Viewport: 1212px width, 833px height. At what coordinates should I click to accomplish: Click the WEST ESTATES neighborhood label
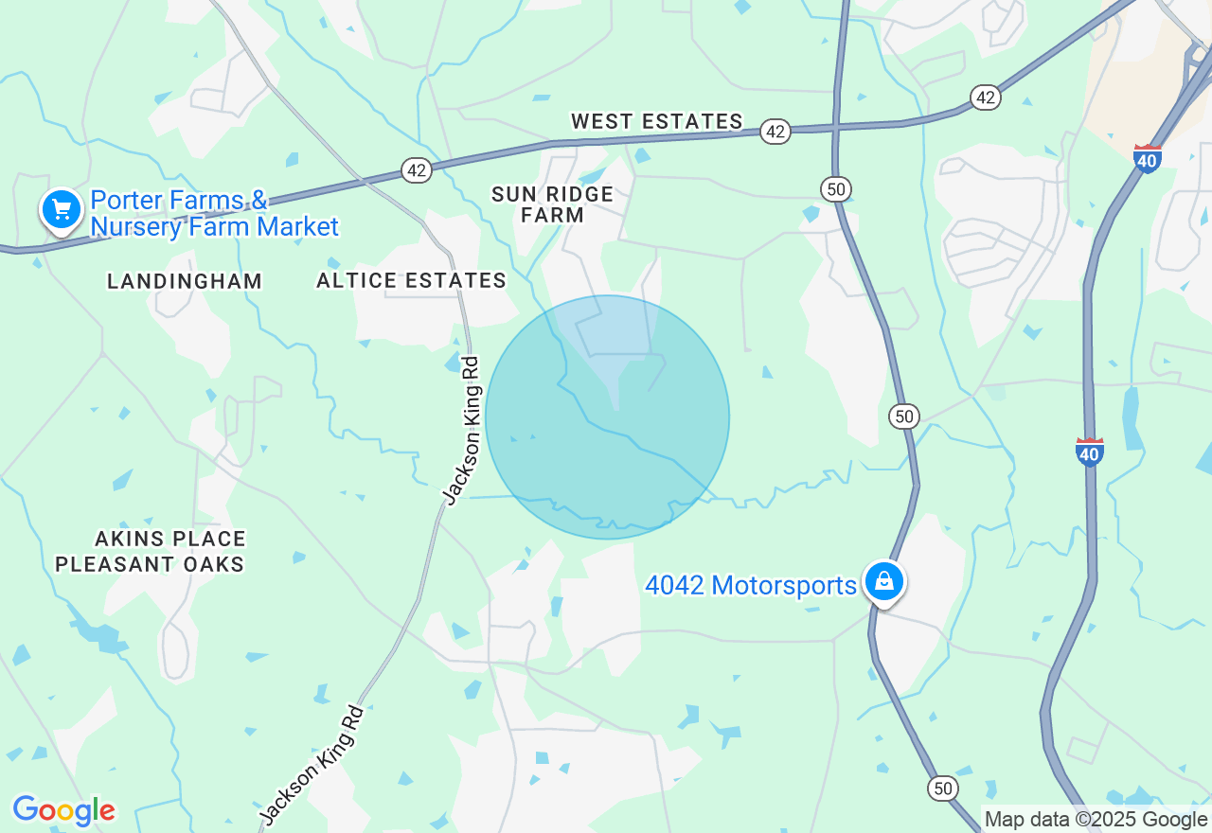point(656,121)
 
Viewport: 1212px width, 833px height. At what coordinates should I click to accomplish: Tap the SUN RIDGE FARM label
point(552,204)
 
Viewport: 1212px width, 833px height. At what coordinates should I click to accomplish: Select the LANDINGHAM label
point(185,281)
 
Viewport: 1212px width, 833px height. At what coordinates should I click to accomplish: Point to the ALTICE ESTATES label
point(411,280)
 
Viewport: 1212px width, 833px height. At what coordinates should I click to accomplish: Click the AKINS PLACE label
point(170,539)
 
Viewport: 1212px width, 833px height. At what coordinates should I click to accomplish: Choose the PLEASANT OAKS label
point(150,564)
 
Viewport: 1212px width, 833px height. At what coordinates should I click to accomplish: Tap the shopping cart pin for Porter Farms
point(62,209)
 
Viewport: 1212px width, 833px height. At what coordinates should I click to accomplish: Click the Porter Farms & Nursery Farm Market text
point(214,214)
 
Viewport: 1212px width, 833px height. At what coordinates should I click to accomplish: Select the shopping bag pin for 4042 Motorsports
point(883,581)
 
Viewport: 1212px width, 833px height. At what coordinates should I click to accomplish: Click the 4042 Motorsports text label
point(750,586)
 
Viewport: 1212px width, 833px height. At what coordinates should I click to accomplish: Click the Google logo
point(63,810)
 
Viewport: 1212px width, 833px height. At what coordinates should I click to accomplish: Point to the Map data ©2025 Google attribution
point(1096,820)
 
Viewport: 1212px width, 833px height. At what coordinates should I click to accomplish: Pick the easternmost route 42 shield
point(986,97)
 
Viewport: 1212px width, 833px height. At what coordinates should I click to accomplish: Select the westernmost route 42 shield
point(417,170)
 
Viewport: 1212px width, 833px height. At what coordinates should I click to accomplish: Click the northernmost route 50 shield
point(835,189)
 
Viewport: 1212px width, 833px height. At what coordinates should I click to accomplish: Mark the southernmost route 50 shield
point(943,788)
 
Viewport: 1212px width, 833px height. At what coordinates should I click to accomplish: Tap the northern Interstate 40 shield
point(1148,158)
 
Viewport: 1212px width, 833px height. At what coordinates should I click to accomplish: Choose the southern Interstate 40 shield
point(1090,452)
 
